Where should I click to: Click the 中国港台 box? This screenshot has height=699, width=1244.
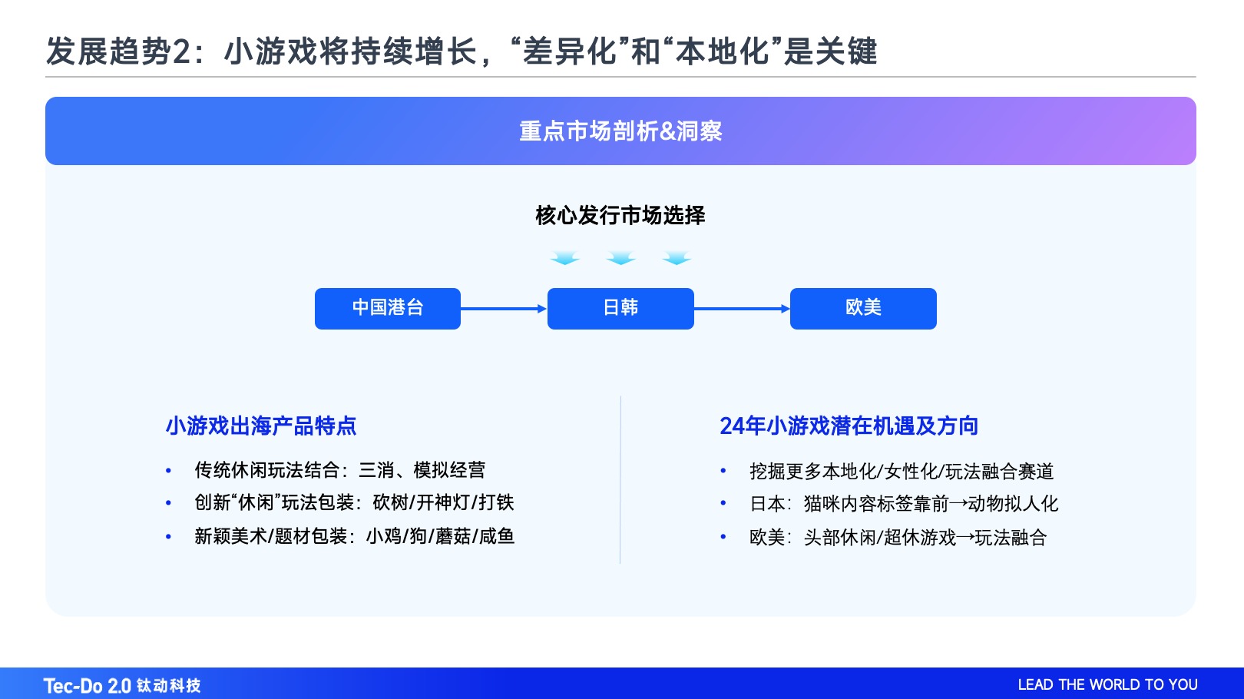pyautogui.click(x=387, y=308)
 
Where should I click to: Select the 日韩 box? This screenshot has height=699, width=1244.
pyautogui.click(x=620, y=308)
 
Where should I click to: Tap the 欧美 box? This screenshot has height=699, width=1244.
pyautogui.click(x=863, y=308)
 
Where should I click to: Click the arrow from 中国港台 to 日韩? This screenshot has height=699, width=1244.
pyautogui.click(x=504, y=309)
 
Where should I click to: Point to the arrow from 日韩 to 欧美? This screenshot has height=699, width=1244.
pyautogui.click(x=742, y=309)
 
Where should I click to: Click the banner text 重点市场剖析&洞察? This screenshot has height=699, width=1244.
pyautogui.click(x=620, y=131)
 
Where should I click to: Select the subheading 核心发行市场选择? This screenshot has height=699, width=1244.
pyautogui.click(x=620, y=215)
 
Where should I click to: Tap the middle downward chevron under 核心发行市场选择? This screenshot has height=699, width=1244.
pyautogui.click(x=620, y=258)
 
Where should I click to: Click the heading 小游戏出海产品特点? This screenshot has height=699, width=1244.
pyautogui.click(x=261, y=426)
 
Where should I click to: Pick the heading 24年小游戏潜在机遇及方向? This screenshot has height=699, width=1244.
pyautogui.click(x=849, y=426)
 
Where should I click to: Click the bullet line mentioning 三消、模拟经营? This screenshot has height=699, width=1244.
pyautogui.click(x=339, y=470)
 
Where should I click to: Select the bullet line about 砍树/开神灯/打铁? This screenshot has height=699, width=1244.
pyautogui.click(x=354, y=503)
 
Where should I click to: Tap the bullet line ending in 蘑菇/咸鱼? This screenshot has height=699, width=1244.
pyautogui.click(x=354, y=536)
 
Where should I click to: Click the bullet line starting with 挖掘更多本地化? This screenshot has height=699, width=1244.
pyautogui.click(x=902, y=472)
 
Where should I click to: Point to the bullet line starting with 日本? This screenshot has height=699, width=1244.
pyautogui.click(x=904, y=504)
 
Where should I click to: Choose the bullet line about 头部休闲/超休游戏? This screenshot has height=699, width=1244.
pyautogui.click(x=898, y=538)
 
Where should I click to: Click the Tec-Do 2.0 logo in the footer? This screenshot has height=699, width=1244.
pyautogui.click(x=122, y=685)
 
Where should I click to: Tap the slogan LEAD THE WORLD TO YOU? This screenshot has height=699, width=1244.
pyautogui.click(x=1107, y=684)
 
